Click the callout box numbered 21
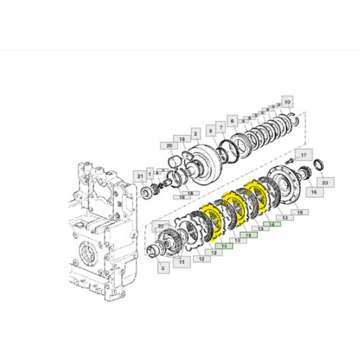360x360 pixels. coord(140,177)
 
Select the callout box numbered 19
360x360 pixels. coord(182,139)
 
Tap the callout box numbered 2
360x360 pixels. coord(195,134)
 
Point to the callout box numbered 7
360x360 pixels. coord(220,127)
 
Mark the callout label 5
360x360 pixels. coord(163,267)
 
